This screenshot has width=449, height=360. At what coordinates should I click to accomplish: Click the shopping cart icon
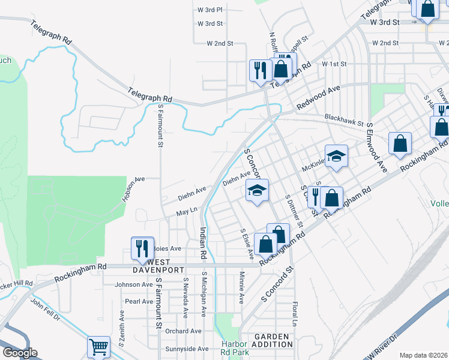[98, 346]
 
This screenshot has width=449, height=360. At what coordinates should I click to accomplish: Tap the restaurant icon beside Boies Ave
[142, 248]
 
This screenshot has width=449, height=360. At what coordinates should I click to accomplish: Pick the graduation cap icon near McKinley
[337, 156]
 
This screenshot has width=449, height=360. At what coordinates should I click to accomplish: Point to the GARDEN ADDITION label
[273, 341]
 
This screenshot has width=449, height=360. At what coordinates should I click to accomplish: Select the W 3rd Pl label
[210, 10]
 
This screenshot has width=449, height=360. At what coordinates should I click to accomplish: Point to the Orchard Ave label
[183, 331]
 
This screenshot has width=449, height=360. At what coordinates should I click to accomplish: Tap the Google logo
[19, 353]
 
